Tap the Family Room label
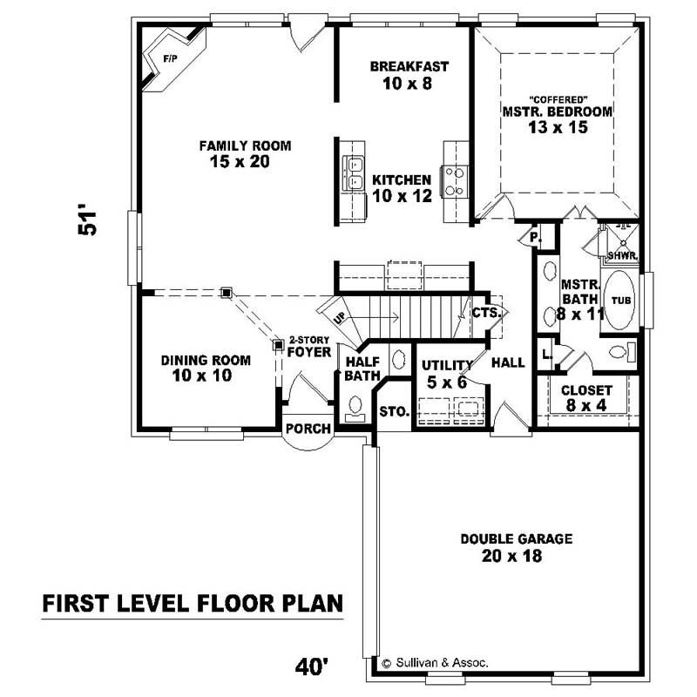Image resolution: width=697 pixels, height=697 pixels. (x=244, y=153)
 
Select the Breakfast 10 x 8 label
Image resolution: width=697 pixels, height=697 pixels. (x=408, y=75)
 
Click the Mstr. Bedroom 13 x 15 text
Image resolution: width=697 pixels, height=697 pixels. (x=557, y=118)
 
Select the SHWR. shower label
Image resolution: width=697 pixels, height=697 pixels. (x=622, y=255)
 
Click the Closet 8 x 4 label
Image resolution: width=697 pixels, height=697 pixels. (x=585, y=398)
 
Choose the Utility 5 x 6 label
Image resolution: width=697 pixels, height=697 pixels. (x=445, y=374)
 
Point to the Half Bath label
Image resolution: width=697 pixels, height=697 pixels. (x=360, y=369)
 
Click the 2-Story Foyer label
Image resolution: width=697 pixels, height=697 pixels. (x=309, y=347)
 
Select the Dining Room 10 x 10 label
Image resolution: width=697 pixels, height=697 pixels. (x=206, y=368)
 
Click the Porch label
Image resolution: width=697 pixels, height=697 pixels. (x=308, y=429)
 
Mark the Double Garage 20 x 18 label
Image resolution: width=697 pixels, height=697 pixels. (x=516, y=547)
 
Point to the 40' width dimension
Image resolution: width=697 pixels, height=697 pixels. (x=311, y=667)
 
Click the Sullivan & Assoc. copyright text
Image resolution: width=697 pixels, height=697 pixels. (x=436, y=663)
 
